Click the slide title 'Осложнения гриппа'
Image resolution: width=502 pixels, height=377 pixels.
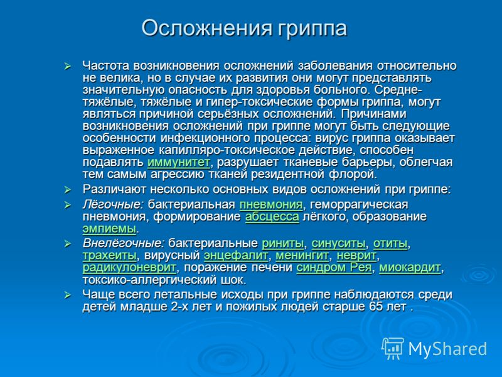(x=244, y=29)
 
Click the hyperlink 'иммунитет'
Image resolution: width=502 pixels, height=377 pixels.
(x=179, y=162)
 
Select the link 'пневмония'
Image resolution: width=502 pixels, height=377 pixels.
(x=271, y=205)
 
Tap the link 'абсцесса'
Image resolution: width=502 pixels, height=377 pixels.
(x=272, y=217)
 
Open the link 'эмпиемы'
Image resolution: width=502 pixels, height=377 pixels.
(x=109, y=229)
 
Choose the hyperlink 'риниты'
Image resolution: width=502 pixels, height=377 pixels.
(x=283, y=244)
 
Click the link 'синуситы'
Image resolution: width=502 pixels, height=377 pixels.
(x=338, y=244)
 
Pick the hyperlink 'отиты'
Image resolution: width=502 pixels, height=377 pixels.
(x=390, y=244)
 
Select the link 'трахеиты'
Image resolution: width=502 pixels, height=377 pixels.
(x=110, y=256)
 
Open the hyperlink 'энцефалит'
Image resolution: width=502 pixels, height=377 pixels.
(x=236, y=256)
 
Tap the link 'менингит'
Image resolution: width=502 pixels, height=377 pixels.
(x=302, y=256)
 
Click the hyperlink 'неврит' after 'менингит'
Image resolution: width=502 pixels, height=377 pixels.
(x=356, y=256)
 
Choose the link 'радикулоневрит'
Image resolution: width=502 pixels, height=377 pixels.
(x=129, y=268)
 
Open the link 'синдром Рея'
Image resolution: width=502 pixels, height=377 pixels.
(x=334, y=268)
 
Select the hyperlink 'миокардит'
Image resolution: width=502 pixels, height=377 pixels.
(x=410, y=268)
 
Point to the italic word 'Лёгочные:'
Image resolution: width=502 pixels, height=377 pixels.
(x=113, y=205)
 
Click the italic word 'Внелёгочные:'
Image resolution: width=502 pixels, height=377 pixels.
(x=124, y=244)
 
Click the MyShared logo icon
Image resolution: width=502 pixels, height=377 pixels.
(x=393, y=349)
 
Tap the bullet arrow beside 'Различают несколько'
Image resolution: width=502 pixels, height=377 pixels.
(x=68, y=190)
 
